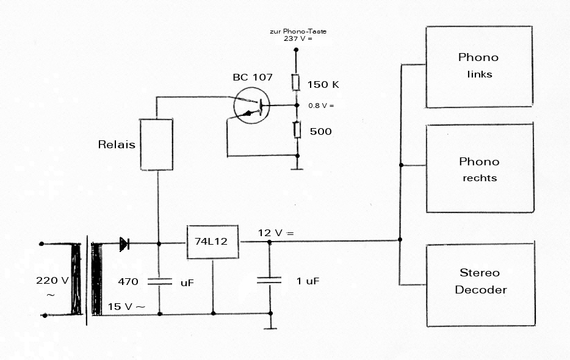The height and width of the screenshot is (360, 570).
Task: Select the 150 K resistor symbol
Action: pyautogui.click(x=296, y=82)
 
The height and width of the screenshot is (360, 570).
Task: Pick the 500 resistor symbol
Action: pyautogui.click(x=297, y=130)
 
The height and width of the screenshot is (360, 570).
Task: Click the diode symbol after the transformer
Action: pyautogui.click(x=124, y=244)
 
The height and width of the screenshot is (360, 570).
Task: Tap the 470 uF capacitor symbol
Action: pyautogui.click(x=159, y=281)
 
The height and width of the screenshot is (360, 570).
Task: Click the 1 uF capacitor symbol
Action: pyautogui.click(x=269, y=280)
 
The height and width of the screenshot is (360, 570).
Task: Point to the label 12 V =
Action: pyautogui.click(x=276, y=232)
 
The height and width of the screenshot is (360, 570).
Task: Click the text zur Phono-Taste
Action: pyautogui.click(x=298, y=31)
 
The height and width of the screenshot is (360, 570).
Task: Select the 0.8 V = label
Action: pyautogui.click(x=321, y=106)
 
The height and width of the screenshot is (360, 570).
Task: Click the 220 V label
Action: pyautogui.click(x=52, y=280)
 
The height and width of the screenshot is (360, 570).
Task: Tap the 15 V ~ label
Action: pyautogui.click(x=126, y=306)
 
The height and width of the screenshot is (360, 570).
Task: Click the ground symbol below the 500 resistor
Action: pyautogui.click(x=297, y=169)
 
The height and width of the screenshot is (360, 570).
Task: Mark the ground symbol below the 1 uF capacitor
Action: pyautogui.click(x=270, y=328)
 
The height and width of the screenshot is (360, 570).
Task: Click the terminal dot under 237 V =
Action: pyautogui.click(x=296, y=49)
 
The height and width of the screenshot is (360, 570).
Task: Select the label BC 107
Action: pyautogui.click(x=253, y=77)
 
